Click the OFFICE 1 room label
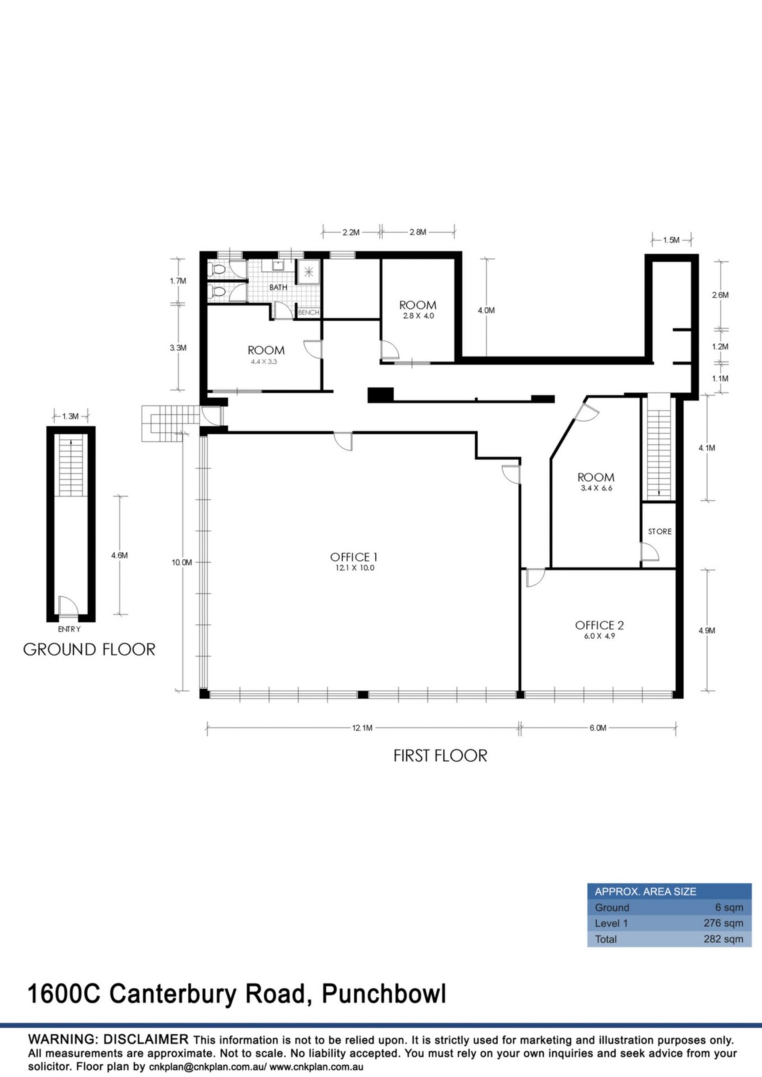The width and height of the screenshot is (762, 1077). [x=354, y=557]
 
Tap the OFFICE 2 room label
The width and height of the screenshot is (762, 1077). [x=599, y=625]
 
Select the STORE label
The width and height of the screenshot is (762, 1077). [x=660, y=531]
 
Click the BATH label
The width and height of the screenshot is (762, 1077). [x=278, y=287]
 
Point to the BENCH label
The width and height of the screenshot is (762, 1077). [x=308, y=312]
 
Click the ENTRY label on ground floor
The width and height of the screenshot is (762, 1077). [x=69, y=629]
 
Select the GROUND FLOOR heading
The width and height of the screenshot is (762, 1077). [x=89, y=649]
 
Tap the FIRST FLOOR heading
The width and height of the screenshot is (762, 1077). [x=440, y=756]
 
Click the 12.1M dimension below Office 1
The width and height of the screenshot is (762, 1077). [x=362, y=728]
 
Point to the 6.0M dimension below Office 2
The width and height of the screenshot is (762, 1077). [x=598, y=728]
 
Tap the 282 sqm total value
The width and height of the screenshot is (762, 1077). [x=723, y=939]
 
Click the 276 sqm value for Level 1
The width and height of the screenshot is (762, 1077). [x=723, y=923]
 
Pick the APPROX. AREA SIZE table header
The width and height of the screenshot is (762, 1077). [x=646, y=892]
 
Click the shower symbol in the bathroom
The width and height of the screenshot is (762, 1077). [x=309, y=272]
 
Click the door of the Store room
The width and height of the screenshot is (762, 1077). [x=650, y=552]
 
